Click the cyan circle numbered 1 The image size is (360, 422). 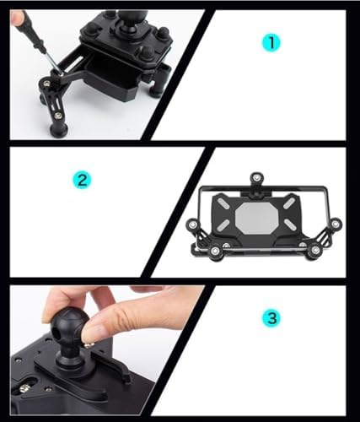click(271, 43)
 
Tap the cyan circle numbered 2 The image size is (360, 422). click(82, 180)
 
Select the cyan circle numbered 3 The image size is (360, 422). click(271, 318)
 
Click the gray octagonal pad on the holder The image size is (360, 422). click(256, 218)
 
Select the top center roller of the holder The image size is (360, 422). click(256, 178)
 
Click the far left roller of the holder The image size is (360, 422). click(193, 225)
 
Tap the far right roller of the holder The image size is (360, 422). click(336, 225)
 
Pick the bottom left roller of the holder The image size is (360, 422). click(215, 251)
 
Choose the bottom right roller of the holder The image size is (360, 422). click(315, 250)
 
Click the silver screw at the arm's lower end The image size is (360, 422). click(58, 116)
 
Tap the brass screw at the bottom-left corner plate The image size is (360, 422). click(24, 389)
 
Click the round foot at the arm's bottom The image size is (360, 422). click(59, 130)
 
